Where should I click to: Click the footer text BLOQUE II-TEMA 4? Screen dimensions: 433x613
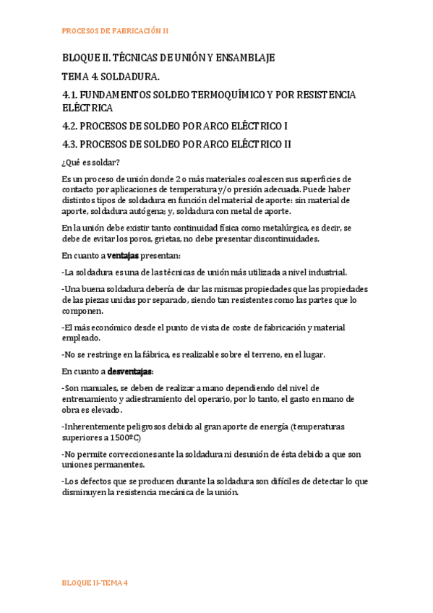[x=95, y=583]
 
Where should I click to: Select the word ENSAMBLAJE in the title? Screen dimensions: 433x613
[x=242, y=58]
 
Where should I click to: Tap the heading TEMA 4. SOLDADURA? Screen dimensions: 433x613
[x=109, y=76]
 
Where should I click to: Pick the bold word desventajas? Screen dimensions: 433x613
[x=130, y=372]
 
